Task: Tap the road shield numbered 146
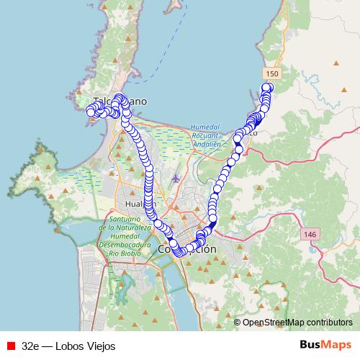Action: [x=310, y=234]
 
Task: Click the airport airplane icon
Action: [x=177, y=177]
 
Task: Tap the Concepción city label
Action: [x=186, y=249]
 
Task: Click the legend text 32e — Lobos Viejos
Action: [x=68, y=346]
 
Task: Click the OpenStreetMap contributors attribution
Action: [x=297, y=323]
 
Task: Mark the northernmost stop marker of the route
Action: [x=267, y=88]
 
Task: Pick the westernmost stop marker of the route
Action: [x=91, y=111]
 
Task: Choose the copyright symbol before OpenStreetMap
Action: [x=238, y=323]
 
